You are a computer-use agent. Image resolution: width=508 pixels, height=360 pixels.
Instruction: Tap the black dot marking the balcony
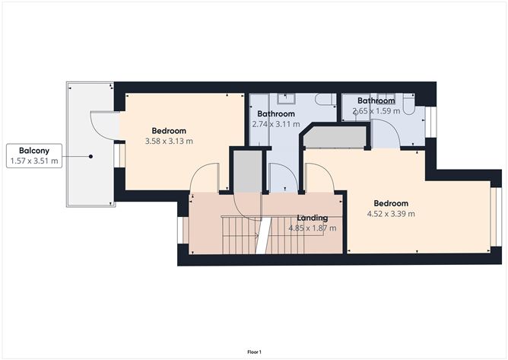[x=91, y=156]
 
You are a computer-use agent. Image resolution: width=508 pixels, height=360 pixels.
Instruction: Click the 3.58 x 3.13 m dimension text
[x=168, y=141]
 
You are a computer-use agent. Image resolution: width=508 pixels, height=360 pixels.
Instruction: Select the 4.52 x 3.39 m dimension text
[x=390, y=214]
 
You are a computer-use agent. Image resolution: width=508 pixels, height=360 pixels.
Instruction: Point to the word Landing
[x=313, y=218]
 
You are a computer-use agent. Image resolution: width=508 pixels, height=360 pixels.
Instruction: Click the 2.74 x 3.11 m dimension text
[x=276, y=124]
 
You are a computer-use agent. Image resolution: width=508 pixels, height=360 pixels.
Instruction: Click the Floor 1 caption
[x=254, y=352]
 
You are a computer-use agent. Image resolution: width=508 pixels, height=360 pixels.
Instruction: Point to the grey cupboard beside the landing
[x=246, y=172]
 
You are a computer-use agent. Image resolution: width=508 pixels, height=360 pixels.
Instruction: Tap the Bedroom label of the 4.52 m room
[x=391, y=203]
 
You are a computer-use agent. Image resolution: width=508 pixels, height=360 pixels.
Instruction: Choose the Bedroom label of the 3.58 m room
[x=168, y=130]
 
